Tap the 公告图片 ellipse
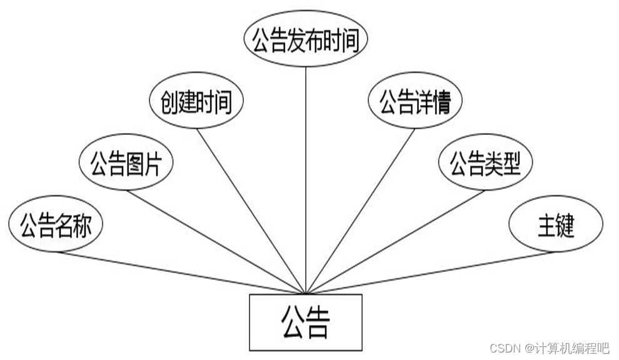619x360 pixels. click(x=126, y=164)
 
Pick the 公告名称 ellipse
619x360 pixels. click(x=56, y=225)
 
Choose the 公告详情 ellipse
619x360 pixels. click(x=415, y=102)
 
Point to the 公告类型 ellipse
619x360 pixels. click(x=485, y=163)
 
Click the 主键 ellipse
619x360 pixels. click(x=556, y=224)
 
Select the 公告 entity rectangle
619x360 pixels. click(x=305, y=322)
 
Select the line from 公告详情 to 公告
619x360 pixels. click(x=361, y=209)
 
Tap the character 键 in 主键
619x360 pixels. click(x=565, y=225)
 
